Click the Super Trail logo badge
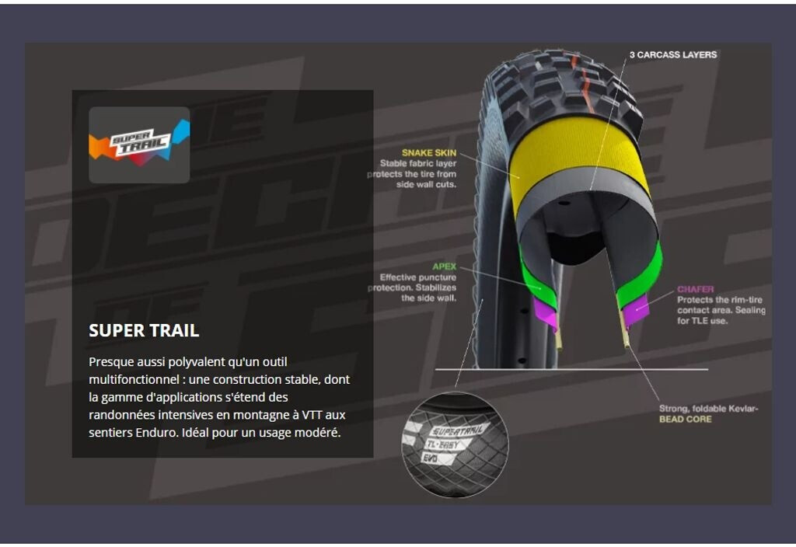[139, 145]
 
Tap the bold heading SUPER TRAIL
[144, 330]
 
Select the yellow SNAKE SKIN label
[429, 152]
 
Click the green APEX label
[445, 267]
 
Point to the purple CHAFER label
[695, 289]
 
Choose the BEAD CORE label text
[685, 420]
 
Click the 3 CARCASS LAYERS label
[673, 54]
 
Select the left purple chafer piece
[544, 313]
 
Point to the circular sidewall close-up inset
[455, 444]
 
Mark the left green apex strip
[530, 272]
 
